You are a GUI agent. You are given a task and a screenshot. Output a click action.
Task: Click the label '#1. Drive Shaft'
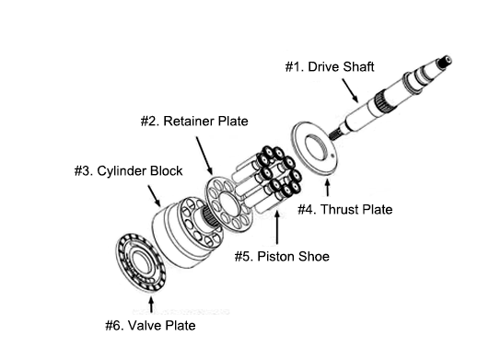tap(330, 67)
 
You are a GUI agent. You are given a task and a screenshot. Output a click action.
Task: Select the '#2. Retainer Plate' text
tap(194, 121)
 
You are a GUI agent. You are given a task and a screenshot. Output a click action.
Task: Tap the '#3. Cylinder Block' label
tap(128, 171)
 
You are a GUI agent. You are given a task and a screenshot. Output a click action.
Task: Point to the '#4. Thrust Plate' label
tap(345, 210)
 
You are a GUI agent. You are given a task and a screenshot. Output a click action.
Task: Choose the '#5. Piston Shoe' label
tap(282, 256)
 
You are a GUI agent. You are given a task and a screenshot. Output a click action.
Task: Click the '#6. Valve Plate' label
tap(150, 325)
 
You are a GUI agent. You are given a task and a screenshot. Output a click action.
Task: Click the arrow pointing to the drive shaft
tap(350, 90)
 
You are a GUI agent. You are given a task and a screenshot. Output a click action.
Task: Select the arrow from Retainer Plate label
tap(204, 156)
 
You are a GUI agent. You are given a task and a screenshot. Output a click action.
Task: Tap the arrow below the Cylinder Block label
tap(155, 195)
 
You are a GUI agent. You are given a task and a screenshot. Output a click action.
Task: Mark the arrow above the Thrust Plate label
tap(327, 188)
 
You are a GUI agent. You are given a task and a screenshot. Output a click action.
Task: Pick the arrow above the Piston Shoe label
tap(277, 227)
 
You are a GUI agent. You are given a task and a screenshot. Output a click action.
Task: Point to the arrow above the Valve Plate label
tap(151, 305)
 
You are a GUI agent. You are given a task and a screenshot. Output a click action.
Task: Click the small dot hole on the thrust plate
tap(332, 156)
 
